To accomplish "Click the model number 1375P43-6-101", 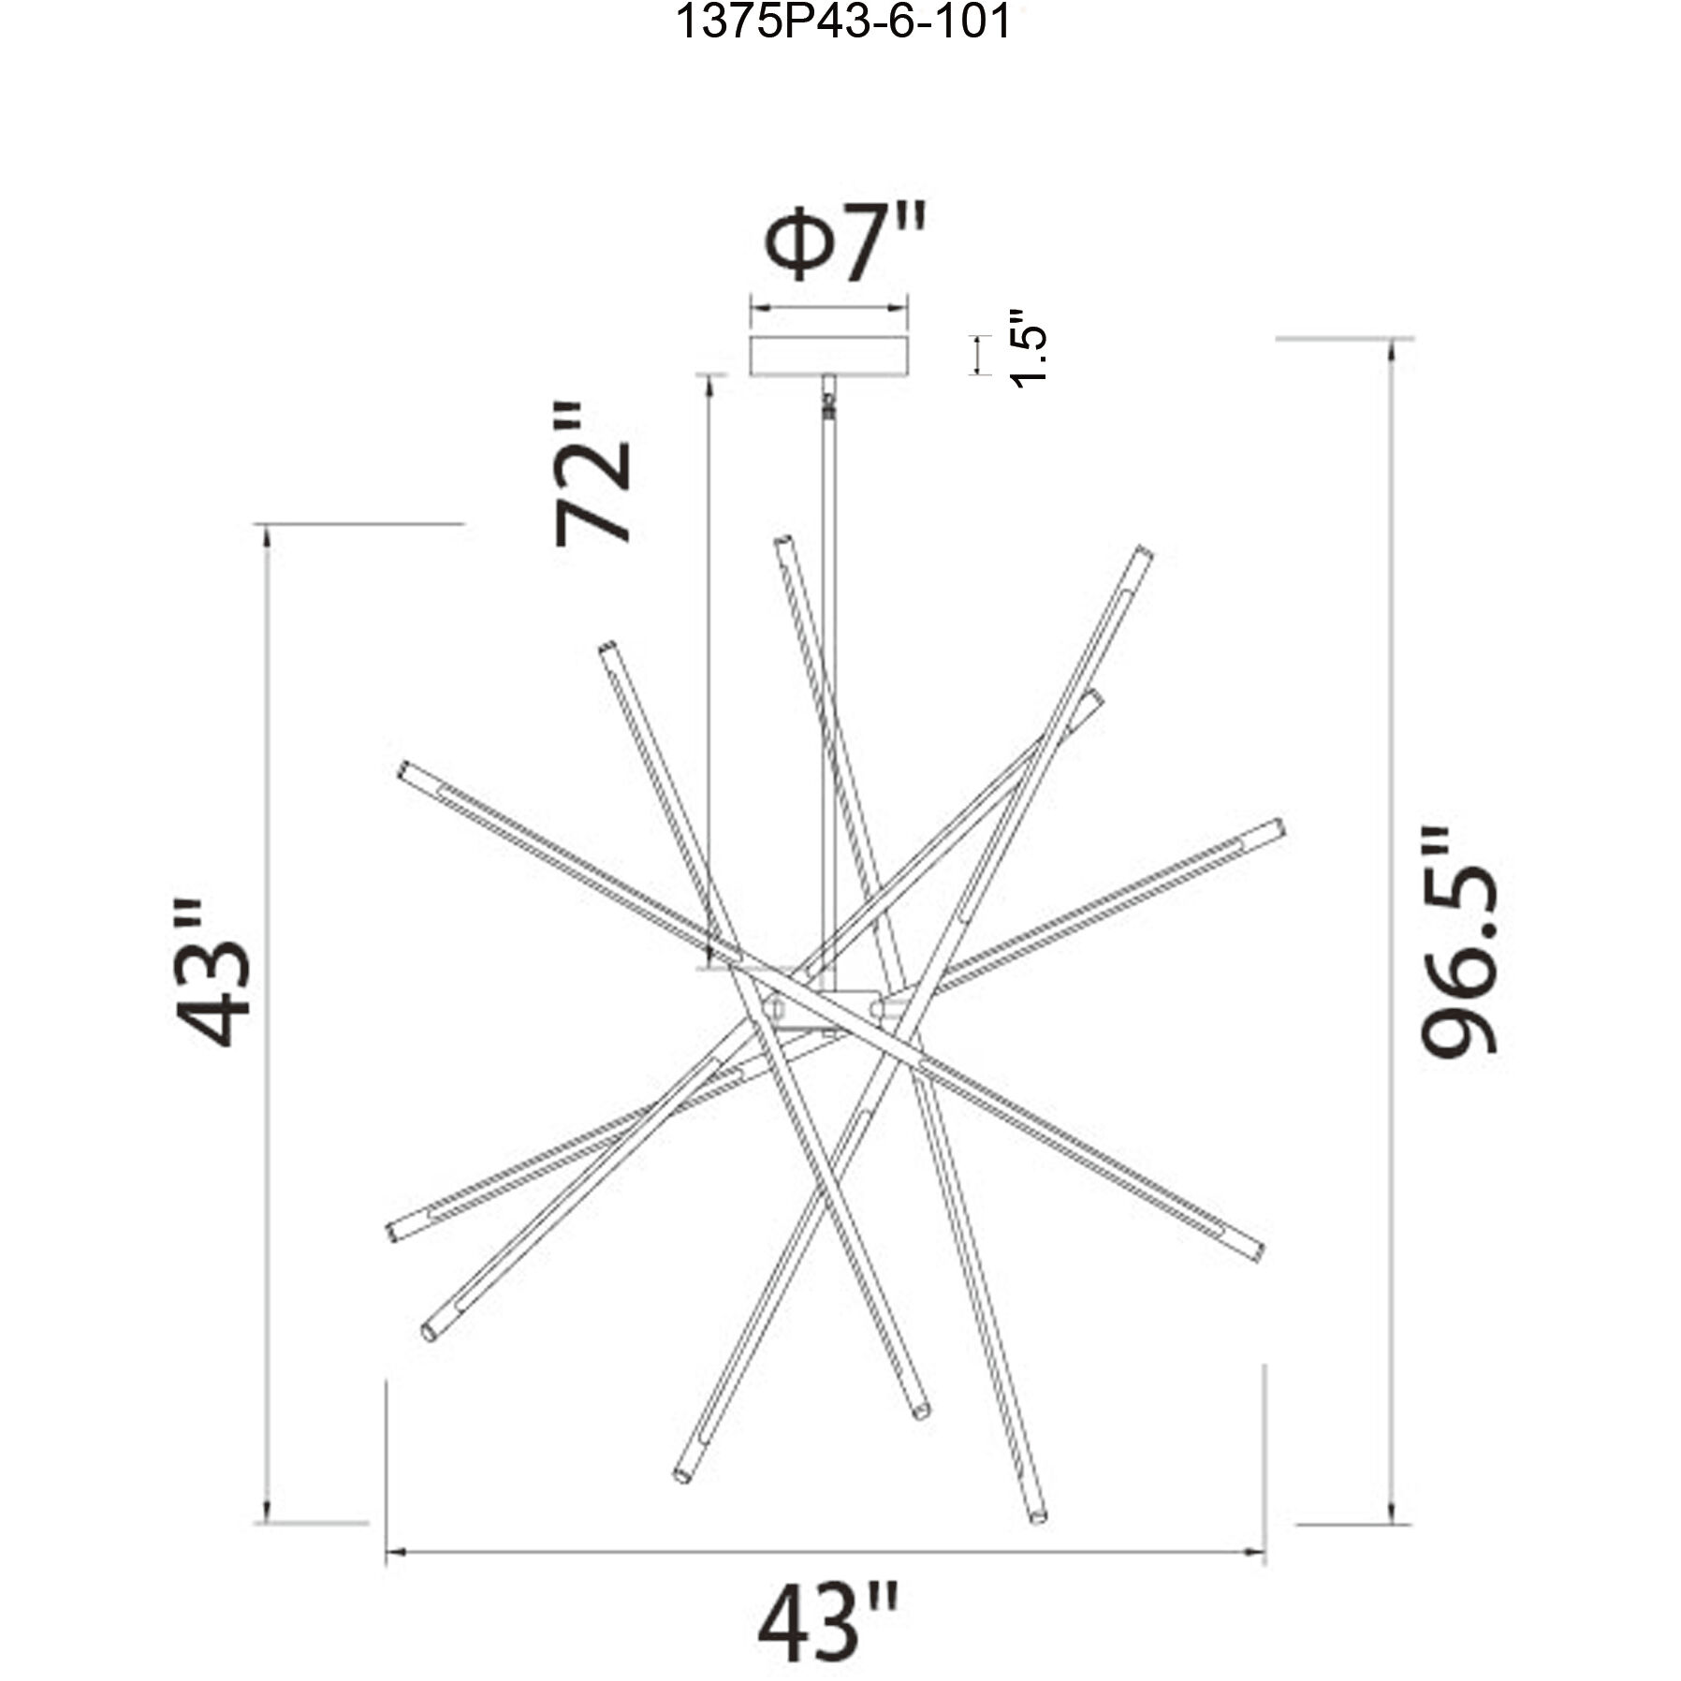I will [x=842, y=22].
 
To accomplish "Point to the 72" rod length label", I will [x=593, y=474].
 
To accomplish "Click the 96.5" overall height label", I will [x=1458, y=942].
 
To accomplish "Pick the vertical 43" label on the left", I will [x=213, y=973].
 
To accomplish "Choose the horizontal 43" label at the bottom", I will [x=827, y=1622].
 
